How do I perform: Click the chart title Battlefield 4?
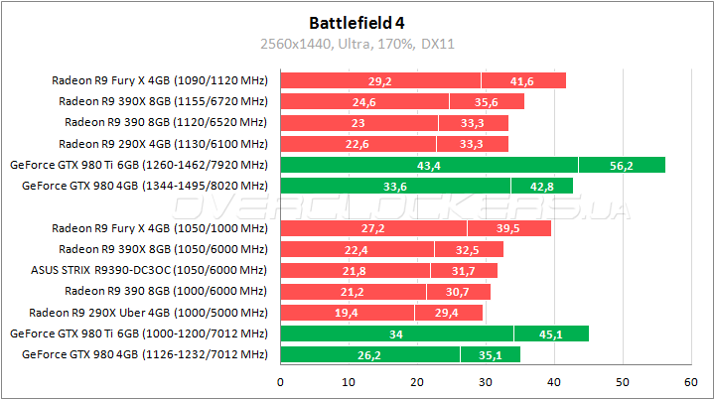(357, 21)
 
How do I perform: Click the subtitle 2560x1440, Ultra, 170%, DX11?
(357, 44)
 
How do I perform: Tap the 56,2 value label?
(622, 166)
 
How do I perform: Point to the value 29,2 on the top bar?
(380, 81)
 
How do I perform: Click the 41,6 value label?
(522, 81)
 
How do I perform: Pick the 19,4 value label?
(347, 313)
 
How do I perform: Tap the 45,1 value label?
(551, 334)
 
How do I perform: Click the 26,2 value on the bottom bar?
(370, 354)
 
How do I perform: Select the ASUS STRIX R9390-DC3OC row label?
(150, 270)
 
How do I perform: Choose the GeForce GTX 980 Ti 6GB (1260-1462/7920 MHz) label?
(138, 166)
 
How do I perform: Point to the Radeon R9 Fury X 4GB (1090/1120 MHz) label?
(160, 81)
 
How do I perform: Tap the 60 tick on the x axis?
(690, 381)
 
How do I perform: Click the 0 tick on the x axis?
(281, 381)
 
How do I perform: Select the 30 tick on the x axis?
(486, 381)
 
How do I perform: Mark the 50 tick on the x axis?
(622, 381)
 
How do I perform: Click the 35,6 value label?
(487, 102)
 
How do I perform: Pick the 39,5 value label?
(508, 228)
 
